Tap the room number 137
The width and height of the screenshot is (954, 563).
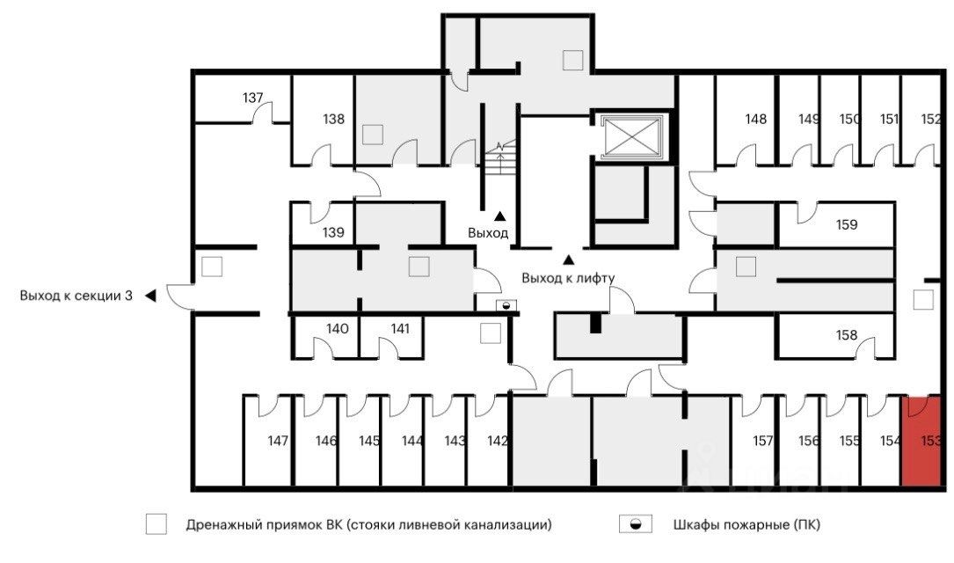(x=253, y=98)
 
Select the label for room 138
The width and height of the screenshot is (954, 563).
(x=333, y=119)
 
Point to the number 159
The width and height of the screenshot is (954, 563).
(x=847, y=224)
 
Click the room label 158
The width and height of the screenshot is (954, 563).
(x=847, y=335)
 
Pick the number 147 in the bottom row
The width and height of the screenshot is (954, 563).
(x=279, y=441)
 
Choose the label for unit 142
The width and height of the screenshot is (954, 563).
(x=498, y=441)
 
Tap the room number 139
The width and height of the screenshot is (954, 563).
(x=332, y=233)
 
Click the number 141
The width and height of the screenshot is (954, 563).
(x=400, y=328)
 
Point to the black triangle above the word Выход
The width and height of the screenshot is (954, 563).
(x=500, y=216)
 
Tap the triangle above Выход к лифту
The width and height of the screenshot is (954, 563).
(x=568, y=260)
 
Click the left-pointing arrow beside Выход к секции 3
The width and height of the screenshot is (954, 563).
(x=149, y=296)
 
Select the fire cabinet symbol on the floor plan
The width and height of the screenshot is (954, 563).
(x=506, y=305)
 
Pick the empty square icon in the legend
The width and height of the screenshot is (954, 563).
(x=157, y=525)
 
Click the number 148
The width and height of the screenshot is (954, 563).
(x=756, y=119)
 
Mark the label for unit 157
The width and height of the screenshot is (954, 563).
(x=763, y=441)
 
